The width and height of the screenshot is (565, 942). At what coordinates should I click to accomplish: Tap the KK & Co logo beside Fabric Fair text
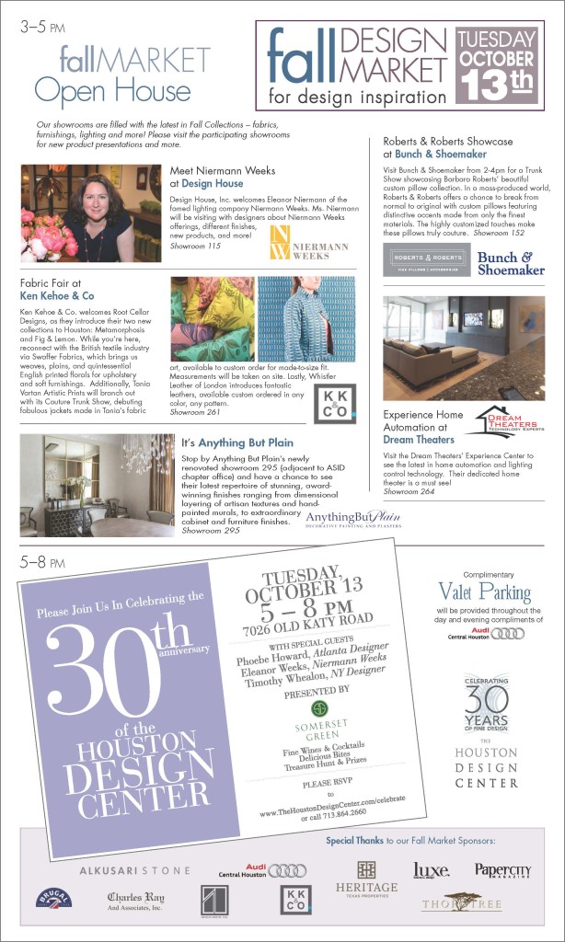[x=334, y=404]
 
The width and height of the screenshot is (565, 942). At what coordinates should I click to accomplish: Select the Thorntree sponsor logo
[x=461, y=902]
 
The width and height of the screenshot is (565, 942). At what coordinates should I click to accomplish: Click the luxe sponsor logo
[x=431, y=869]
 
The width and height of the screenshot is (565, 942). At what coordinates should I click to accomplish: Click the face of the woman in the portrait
[x=97, y=199]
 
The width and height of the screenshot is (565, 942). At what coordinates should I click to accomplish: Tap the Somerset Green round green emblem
[x=320, y=706]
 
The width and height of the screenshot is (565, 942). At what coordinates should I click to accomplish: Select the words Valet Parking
[x=484, y=592]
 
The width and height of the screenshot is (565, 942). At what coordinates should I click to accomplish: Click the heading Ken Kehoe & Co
[x=57, y=297]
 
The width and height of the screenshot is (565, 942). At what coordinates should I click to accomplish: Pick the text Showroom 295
[x=209, y=531]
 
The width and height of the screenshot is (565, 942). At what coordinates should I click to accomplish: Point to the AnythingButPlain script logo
[x=353, y=520]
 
